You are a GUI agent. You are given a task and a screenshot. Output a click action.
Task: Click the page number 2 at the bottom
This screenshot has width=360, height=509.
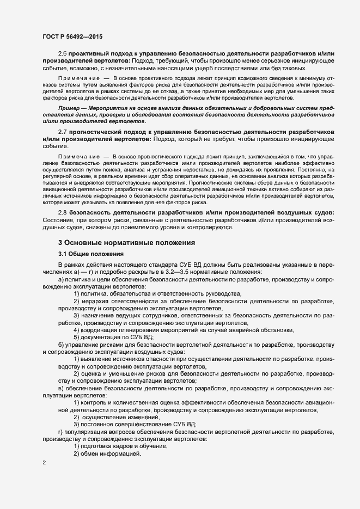44,463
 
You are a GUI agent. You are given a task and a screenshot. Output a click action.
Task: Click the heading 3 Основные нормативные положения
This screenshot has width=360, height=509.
126,242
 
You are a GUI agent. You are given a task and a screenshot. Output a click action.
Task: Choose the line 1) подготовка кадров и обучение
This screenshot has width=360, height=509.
120,446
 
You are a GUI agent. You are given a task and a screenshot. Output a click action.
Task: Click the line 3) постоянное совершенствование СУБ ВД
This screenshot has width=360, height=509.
135,424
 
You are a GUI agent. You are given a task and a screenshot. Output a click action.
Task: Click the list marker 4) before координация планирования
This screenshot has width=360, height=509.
76,330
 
